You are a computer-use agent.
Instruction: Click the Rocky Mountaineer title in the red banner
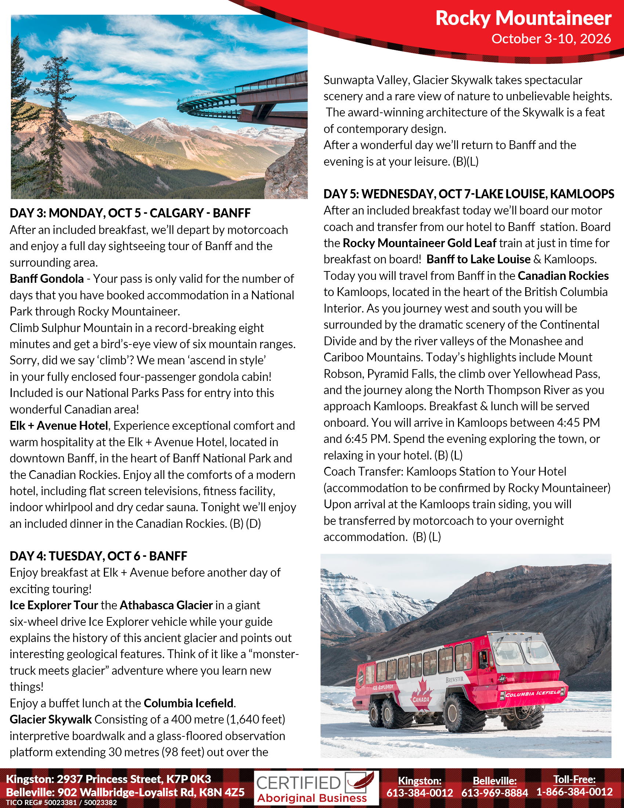[523, 18]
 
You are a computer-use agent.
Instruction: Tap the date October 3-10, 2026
[551, 39]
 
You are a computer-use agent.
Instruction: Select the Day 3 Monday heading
[130, 213]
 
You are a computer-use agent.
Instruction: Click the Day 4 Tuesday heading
[98, 556]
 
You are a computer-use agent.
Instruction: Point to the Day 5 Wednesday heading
[468, 194]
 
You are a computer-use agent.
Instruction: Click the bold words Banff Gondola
[47, 279]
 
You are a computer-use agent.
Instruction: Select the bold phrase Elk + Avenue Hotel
[59, 426]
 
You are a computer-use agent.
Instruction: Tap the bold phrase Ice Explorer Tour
[54, 605]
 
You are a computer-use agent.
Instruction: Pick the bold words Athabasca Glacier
[166, 605]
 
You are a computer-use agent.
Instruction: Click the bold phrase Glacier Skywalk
[51, 719]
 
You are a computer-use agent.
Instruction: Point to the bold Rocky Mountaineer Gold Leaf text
[420, 243]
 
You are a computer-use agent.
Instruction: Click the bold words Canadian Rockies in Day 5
[563, 276]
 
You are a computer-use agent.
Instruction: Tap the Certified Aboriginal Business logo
[316, 788]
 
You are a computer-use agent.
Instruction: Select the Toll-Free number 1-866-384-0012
[574, 792]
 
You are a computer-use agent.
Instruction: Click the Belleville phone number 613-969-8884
[495, 793]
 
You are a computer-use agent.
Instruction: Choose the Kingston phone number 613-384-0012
[420, 793]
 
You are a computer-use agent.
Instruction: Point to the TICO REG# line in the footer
[61, 803]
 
